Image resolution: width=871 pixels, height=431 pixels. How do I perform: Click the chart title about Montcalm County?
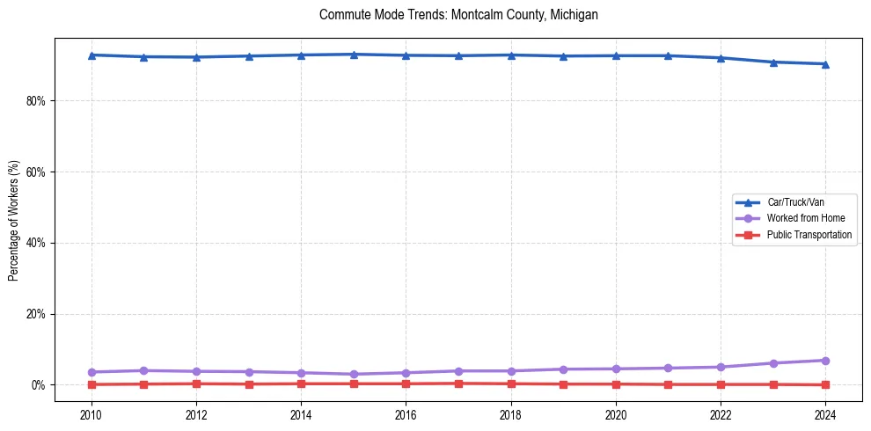point(458,15)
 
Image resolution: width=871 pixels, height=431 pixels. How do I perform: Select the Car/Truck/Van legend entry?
point(795,202)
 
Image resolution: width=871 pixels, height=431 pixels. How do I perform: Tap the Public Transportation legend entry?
point(809,235)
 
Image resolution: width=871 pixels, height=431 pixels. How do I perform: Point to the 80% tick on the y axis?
point(37,101)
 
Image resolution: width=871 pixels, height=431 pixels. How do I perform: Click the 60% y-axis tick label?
point(37,172)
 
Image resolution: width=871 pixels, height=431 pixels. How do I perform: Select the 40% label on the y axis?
point(37,243)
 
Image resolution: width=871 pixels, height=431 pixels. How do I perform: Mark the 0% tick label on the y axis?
point(40,385)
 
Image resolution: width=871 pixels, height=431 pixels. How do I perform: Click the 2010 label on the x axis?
point(91,414)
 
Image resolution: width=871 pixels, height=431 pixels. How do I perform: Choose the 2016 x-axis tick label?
point(406,414)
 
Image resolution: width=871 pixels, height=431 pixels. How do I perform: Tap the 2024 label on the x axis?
point(825,414)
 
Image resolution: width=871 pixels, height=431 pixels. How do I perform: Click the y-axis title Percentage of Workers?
point(14,220)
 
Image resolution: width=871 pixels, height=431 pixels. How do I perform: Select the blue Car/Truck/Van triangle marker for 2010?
point(91,55)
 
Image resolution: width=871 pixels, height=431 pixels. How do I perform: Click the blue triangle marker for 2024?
point(825,64)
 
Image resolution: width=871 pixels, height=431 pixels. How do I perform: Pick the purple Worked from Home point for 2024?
point(825,361)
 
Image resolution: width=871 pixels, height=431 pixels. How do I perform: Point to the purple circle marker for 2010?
point(91,372)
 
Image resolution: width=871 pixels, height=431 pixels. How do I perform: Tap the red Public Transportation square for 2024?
point(825,384)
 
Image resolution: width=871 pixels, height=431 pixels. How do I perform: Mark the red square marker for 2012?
point(196,384)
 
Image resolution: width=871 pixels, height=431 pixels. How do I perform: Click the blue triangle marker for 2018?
point(511,55)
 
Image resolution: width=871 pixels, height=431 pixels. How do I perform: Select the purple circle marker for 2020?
point(616,369)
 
